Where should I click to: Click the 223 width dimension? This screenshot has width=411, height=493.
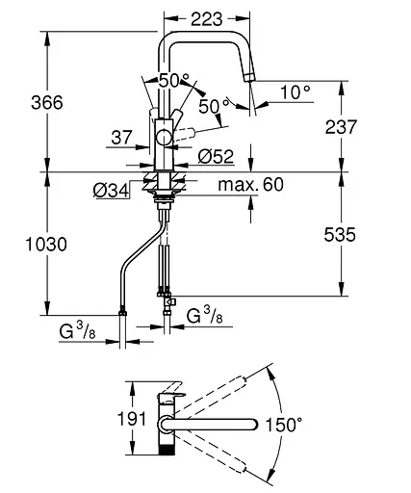[x=207, y=19]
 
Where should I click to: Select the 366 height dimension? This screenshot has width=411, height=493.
[x=47, y=103]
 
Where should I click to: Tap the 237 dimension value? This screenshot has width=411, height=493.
[x=341, y=127]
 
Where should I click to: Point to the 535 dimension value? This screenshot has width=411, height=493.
[x=340, y=235]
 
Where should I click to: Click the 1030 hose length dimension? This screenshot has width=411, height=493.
[x=46, y=245]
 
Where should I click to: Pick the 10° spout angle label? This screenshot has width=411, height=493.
[x=295, y=92]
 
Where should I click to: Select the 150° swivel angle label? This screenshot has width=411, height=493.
[x=284, y=425]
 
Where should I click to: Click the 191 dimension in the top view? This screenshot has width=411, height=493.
[x=132, y=419]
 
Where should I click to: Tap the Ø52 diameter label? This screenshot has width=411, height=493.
[x=216, y=157]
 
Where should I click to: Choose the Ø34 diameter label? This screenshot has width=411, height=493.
[x=111, y=191]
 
